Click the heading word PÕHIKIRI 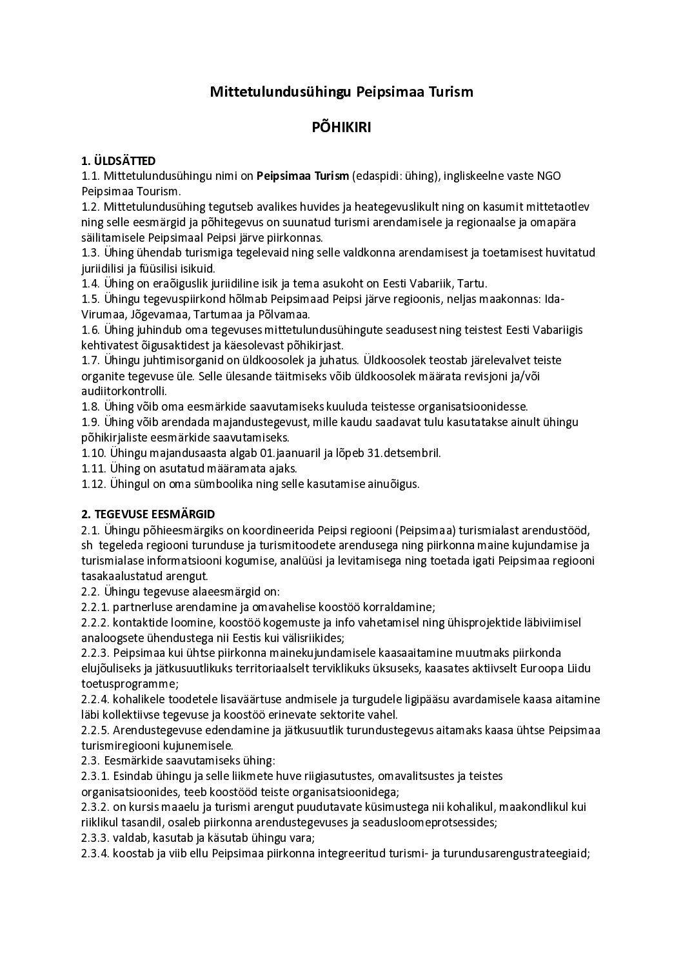tap(341, 128)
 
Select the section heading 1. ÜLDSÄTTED tap(119, 161)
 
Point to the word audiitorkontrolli tap(124, 391)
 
